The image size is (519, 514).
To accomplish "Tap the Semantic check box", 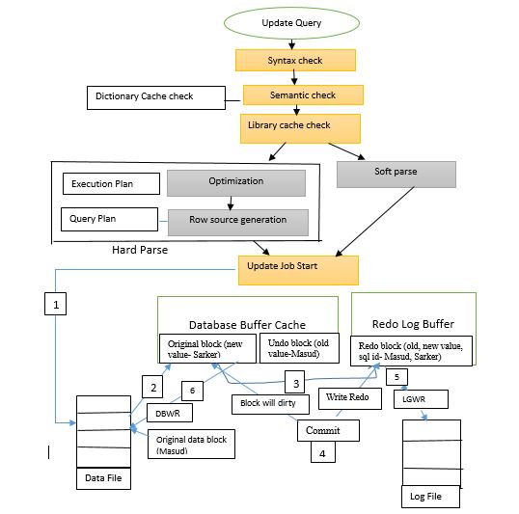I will click(302, 95).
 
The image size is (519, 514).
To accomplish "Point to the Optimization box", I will click(235, 182).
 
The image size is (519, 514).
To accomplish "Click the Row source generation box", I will click(237, 221).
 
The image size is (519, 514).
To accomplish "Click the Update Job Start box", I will click(298, 268).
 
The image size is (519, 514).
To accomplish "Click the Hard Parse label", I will click(140, 251).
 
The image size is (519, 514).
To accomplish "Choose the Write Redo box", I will click(346, 395).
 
